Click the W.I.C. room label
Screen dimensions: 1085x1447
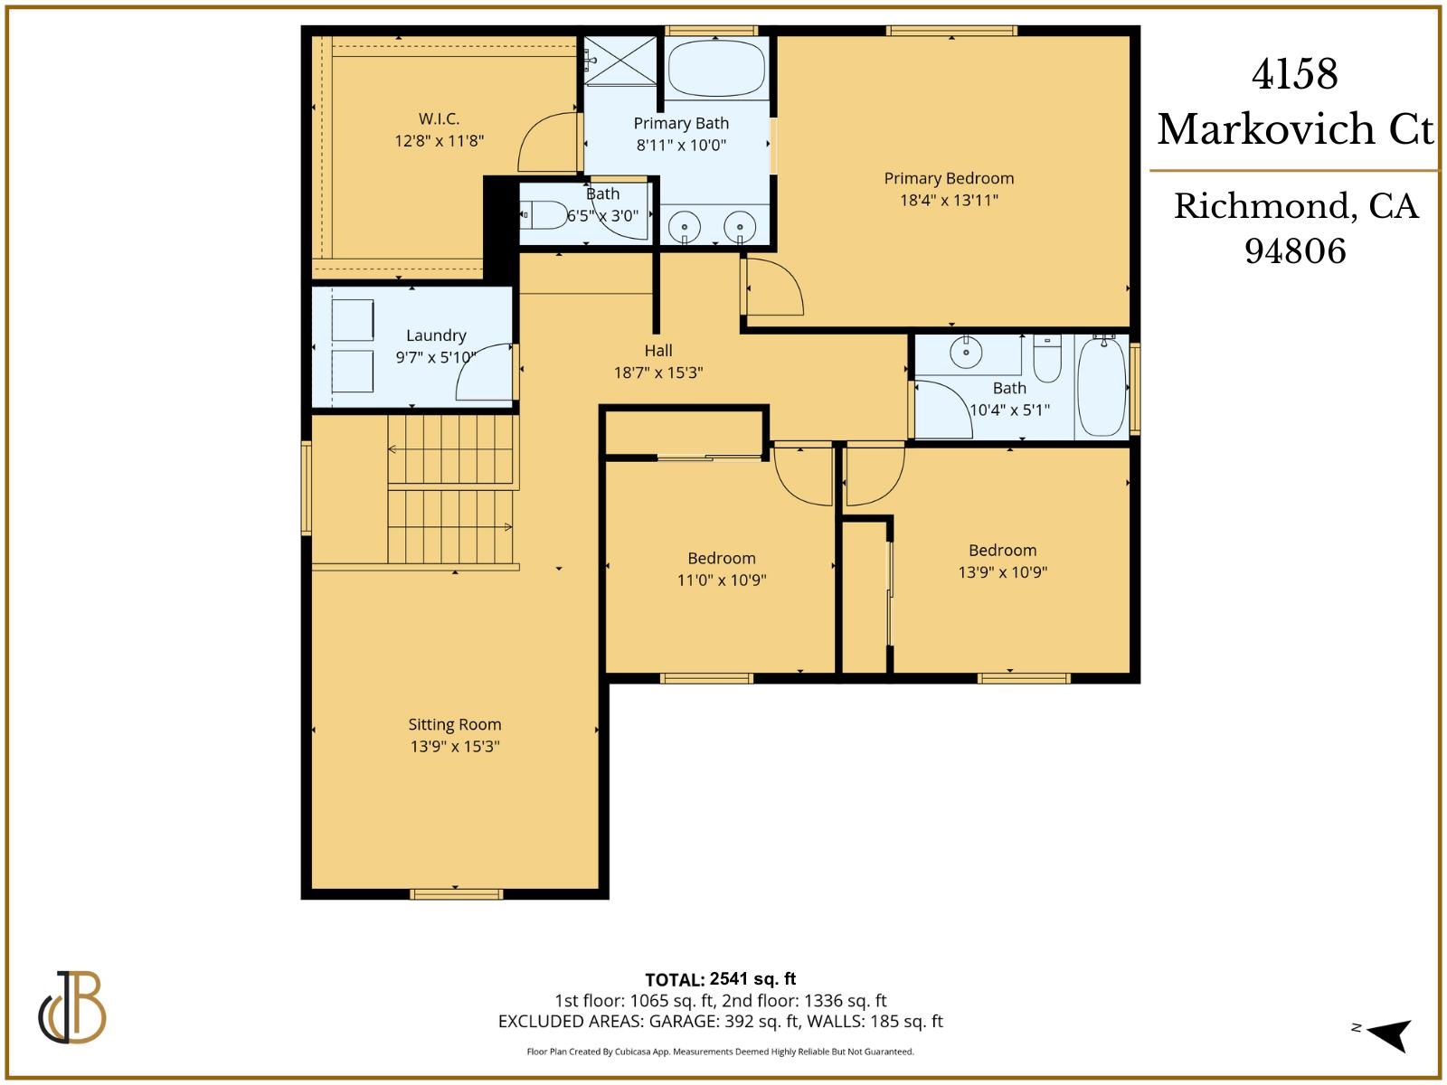point(439,118)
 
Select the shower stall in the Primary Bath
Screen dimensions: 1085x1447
point(621,61)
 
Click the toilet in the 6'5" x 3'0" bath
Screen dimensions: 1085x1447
point(544,214)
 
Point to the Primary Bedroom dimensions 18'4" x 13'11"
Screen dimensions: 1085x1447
point(949,200)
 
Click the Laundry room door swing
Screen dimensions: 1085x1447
point(485,373)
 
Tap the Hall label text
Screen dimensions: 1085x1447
point(658,351)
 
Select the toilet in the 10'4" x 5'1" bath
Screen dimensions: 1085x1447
point(1047,360)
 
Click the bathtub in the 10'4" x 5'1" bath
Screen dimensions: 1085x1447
point(1102,386)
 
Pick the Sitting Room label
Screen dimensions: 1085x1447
point(454,724)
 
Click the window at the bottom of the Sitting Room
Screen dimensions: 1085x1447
point(456,894)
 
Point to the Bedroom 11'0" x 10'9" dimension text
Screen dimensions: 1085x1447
point(721,580)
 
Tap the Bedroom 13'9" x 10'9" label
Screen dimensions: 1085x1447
point(1002,550)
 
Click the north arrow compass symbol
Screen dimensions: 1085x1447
point(1387,1034)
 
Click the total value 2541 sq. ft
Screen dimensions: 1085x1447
point(752,978)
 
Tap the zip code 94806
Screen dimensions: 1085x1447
point(1295,250)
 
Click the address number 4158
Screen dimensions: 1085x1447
point(1294,74)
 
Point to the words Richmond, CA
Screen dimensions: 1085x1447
point(1295,206)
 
